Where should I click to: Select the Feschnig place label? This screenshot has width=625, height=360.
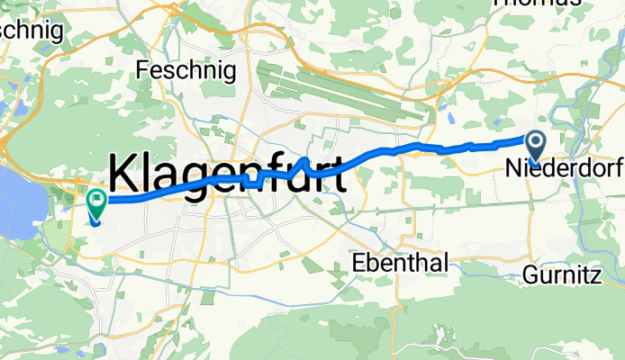click(186, 69)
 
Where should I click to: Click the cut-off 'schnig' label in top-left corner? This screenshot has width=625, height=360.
click(32, 29)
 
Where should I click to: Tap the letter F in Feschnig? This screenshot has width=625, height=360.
click(142, 69)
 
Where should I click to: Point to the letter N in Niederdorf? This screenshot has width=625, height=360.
click(513, 168)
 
